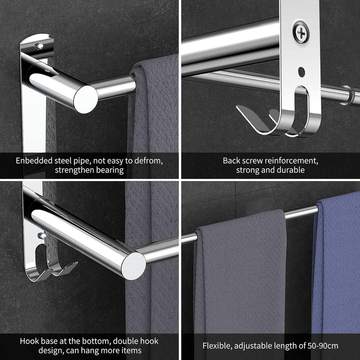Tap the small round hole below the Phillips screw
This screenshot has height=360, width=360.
point(301,72)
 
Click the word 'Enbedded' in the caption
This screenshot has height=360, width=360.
point(34,160)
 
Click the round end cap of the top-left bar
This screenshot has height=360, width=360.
point(86,99)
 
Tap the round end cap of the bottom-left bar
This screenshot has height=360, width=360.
point(133,266)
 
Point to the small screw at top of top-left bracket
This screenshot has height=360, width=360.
point(39,45)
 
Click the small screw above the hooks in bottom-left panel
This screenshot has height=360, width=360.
point(42,235)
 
